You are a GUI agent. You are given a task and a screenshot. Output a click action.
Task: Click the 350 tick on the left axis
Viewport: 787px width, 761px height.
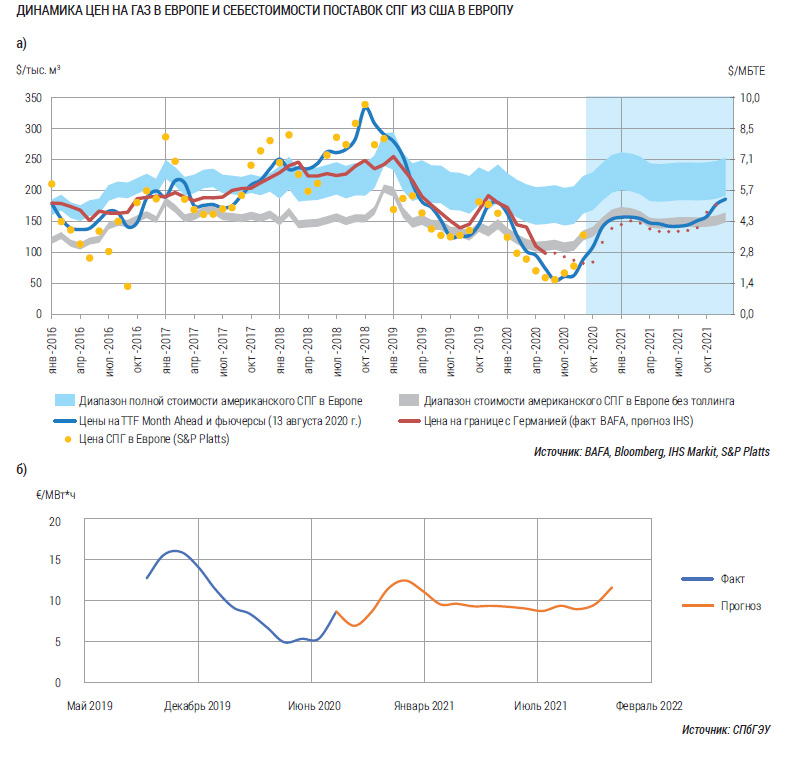coord(34,98)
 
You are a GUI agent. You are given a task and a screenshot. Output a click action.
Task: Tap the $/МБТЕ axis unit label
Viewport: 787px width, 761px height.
coord(747,70)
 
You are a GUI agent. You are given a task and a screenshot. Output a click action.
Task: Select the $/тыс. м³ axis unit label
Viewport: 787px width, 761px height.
coord(37,70)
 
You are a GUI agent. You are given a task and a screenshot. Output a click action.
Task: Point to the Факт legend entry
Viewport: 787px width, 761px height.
coord(732,579)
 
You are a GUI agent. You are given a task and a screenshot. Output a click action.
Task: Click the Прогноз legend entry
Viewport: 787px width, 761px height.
coord(740,605)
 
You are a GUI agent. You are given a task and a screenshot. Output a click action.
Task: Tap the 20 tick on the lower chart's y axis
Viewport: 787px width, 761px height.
coord(55,522)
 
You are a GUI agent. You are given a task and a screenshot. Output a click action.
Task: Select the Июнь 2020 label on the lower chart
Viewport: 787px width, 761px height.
coord(316,706)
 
